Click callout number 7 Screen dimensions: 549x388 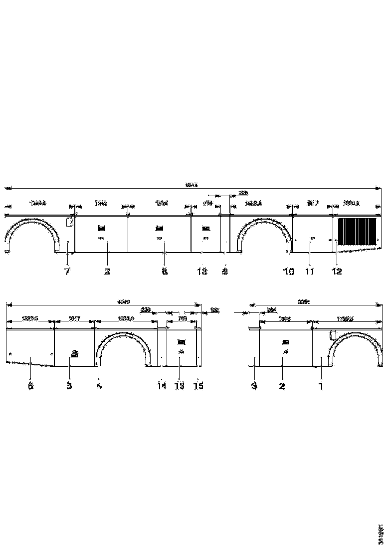pos(67,272)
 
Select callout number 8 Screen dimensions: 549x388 pos(165,272)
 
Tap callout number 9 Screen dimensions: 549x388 pos(225,272)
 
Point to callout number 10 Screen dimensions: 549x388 pos(289,272)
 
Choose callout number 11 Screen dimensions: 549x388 pos(310,272)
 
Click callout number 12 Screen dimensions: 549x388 pos(337,272)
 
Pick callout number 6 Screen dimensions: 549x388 pos(30,386)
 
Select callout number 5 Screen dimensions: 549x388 pos(69,386)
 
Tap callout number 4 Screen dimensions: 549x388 pos(99,386)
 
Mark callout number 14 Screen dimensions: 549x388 pos(161,386)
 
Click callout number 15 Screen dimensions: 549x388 pos(198,386)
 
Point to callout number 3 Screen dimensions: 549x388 pos(254,386)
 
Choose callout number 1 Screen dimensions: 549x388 pos(321,386)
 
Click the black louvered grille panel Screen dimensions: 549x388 pos(357,233)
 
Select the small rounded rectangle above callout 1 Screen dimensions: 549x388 pos(333,335)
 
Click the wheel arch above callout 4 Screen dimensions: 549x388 pos(122,339)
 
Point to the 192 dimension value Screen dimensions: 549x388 pos(214,309)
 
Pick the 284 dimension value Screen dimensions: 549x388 pos(272,309)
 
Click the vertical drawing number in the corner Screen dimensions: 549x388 pos(380,534)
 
